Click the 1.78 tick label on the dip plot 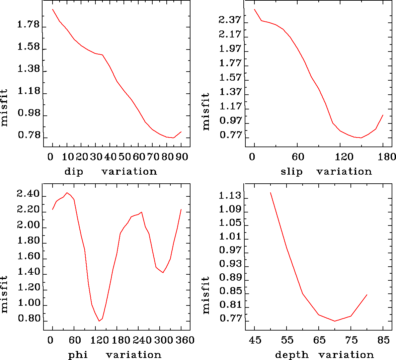coord(28,25)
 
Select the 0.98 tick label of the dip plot coord(28,113)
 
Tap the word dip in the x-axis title coord(73,172)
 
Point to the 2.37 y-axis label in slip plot coord(230,20)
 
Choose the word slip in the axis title coord(291,172)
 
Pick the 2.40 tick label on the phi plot coord(28,194)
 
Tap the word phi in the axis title coord(78,355)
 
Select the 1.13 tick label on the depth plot coord(230,196)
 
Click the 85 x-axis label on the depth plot coord(383,340)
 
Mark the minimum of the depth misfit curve coord(335,321)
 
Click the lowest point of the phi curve coord(99,321)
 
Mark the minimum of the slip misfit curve coord(361,138)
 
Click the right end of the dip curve coord(181,132)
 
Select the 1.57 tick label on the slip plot coord(230,78)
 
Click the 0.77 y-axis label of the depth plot coord(230,318)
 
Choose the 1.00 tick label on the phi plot coord(28,303)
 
